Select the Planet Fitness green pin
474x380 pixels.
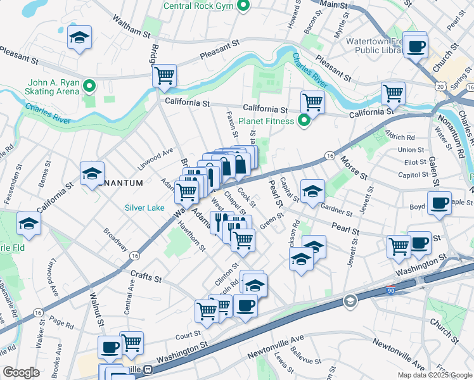[x=304, y=121]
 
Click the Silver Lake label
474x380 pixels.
[x=144, y=207]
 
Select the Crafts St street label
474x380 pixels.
[x=146, y=276]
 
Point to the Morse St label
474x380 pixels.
[x=354, y=167]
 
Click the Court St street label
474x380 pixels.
[x=188, y=334]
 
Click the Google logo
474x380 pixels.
[x=21, y=372]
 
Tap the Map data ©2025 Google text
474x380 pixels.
[x=434, y=374]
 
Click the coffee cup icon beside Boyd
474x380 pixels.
[x=439, y=203]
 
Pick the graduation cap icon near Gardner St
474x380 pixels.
[x=312, y=190]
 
